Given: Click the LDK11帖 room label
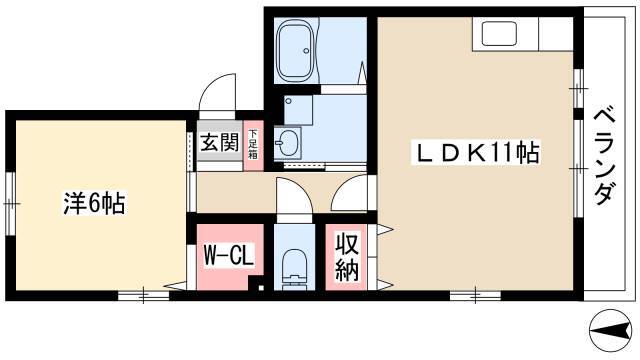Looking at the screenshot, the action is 475,153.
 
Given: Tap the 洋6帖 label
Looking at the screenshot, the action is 94,203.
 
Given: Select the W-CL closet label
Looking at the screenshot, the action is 229,255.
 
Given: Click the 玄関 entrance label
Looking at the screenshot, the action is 220,142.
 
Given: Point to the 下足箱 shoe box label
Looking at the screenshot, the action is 253,144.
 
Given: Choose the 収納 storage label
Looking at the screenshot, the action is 347,257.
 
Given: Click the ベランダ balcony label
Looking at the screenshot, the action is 604,155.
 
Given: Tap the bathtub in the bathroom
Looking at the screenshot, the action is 296,49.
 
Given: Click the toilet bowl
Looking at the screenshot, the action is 294,265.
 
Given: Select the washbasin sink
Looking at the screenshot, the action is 287,142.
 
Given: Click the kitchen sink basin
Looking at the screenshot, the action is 499,34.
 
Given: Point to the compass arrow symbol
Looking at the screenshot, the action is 609,331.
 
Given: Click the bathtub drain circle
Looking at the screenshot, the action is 306,51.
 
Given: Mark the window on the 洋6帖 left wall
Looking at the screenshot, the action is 10,203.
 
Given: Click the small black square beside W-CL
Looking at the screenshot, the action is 261,288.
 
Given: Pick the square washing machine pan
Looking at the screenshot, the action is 298,110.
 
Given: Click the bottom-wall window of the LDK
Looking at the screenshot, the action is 476,296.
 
